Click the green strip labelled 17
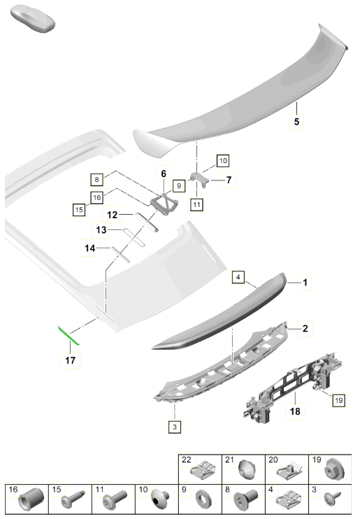click(x=69, y=335)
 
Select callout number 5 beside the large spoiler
click(x=296, y=122)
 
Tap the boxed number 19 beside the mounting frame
click(x=339, y=401)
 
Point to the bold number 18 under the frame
click(x=295, y=411)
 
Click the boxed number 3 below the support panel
click(x=175, y=427)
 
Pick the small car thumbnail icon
click(x=32, y=20)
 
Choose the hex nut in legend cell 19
click(x=334, y=470)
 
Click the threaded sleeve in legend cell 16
click(x=31, y=499)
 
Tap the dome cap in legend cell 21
click(x=246, y=469)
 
